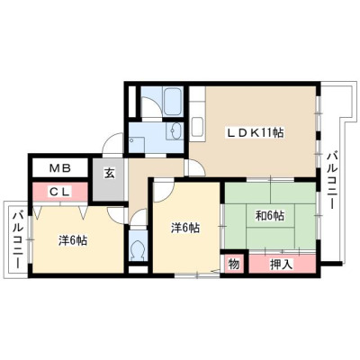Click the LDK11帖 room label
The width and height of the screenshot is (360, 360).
tap(254, 132)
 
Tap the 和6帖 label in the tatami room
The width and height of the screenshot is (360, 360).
tap(270, 216)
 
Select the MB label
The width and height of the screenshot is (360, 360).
tap(60, 168)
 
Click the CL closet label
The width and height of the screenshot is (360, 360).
tap(59, 192)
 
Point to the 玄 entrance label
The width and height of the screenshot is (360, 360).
tap(110, 174)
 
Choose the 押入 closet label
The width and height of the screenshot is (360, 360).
tap(281, 265)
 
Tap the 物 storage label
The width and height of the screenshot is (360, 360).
tap(234, 265)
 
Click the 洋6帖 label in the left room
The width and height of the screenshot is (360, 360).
tap(73, 240)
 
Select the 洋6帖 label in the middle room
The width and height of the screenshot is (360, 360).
tap(185, 229)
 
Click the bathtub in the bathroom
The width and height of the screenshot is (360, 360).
tap(173, 102)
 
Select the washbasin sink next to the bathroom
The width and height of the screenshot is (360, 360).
tap(175, 130)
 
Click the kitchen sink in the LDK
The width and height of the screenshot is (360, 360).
tap(198, 127)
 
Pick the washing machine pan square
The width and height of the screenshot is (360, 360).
tap(136, 144)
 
